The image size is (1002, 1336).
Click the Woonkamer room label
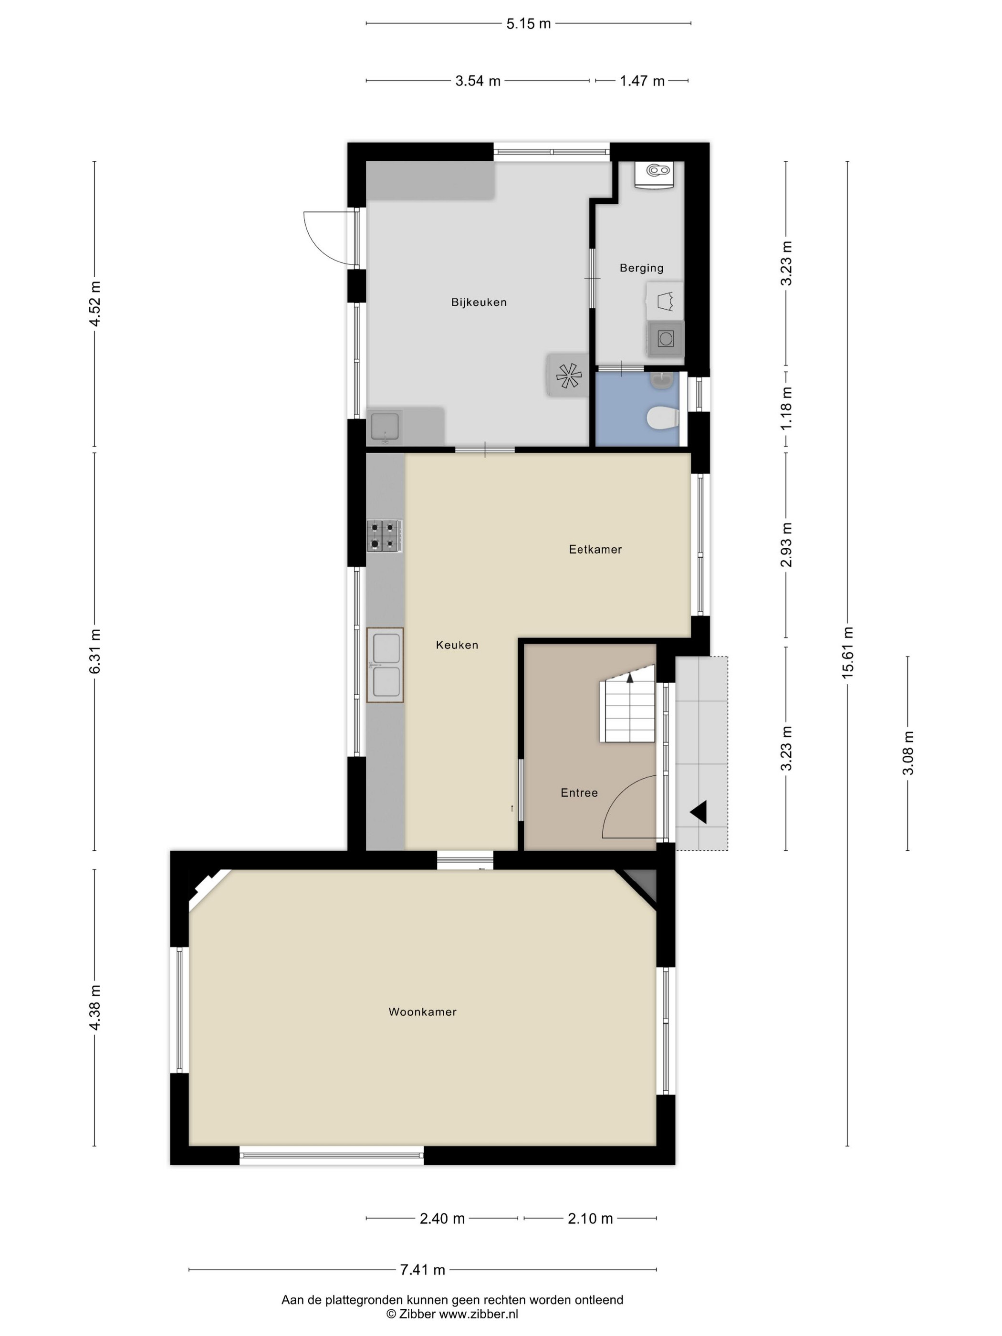pos(422,1012)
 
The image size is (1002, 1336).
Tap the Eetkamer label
pos(595,549)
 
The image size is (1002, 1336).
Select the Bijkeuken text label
pos(479,302)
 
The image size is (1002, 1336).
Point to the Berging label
pos(641,268)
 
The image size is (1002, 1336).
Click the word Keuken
pos(457,645)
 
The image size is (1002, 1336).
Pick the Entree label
pos(579,793)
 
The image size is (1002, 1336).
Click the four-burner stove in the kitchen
pos(385,536)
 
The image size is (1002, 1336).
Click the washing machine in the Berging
pos(666,338)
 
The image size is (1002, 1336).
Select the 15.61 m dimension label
pos(847,652)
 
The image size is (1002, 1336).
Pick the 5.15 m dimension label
pos(529,23)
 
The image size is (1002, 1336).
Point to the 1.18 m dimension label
pos(786,409)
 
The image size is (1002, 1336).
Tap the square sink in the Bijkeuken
pos(385,427)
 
